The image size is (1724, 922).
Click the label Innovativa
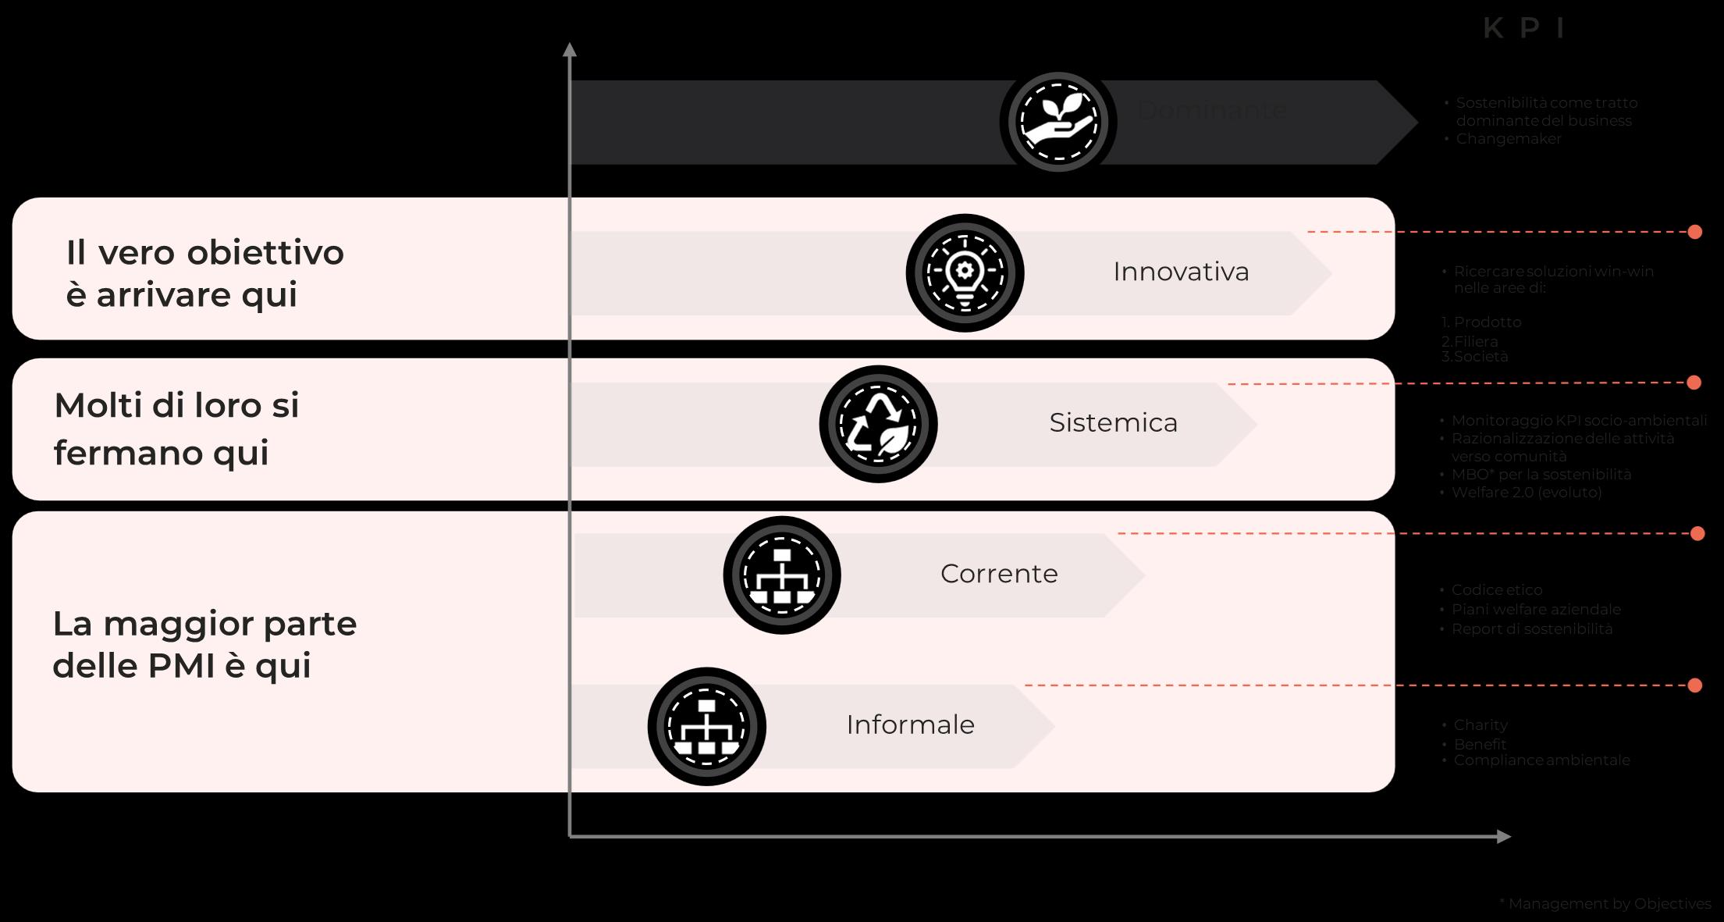[x=1181, y=272]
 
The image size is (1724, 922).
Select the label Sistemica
[x=1113, y=422]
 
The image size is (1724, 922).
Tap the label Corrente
[x=999, y=574]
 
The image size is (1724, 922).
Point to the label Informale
[x=910, y=725]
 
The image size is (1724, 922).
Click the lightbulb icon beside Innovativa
[x=965, y=272]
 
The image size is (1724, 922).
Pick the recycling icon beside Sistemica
[x=878, y=424]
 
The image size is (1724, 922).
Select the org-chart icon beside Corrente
[x=782, y=575]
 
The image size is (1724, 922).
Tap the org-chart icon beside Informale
[x=707, y=726]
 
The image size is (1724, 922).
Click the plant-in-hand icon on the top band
[x=1058, y=122]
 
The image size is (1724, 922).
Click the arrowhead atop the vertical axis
[x=570, y=49]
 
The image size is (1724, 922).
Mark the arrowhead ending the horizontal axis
[x=1504, y=837]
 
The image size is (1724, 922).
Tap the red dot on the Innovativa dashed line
[x=1694, y=232]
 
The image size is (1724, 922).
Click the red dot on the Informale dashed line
[x=1694, y=685]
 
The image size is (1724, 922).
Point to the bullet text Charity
[x=1480, y=725]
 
